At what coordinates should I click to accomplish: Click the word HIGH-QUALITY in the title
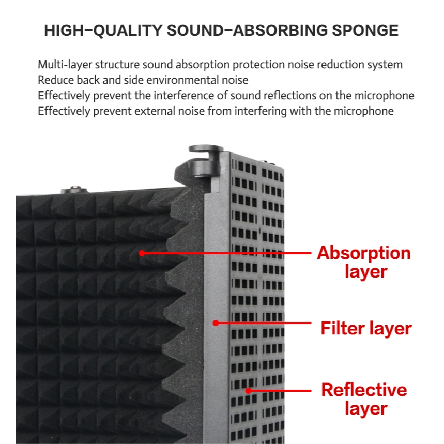(103, 30)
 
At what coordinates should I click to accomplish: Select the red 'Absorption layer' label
(363, 262)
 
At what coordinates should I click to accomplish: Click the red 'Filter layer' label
(366, 328)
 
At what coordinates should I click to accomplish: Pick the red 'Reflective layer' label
(364, 399)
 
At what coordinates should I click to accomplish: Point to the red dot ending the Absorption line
(142, 253)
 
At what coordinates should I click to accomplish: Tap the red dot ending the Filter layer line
(216, 323)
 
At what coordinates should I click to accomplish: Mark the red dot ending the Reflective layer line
(249, 390)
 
